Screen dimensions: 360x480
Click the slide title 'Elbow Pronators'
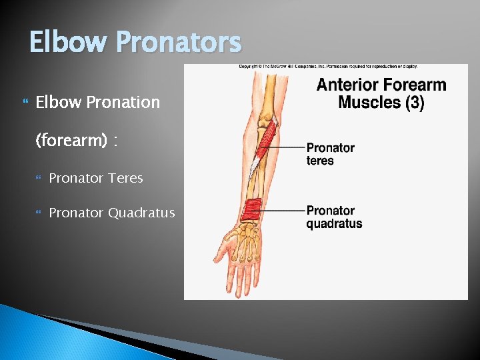[x=135, y=43]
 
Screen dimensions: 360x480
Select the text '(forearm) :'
[x=77, y=140]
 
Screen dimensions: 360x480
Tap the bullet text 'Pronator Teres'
[x=96, y=178]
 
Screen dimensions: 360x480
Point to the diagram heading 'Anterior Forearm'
[x=381, y=85]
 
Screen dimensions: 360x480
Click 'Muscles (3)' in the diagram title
[x=381, y=102]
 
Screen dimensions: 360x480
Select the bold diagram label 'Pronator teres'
[x=330, y=154]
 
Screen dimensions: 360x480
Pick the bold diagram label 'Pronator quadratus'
[x=334, y=217]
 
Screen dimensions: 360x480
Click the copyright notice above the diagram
[x=328, y=67]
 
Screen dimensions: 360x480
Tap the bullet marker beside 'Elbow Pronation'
[x=26, y=103]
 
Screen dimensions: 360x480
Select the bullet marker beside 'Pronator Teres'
[x=39, y=179]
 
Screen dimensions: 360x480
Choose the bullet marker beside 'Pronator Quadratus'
[x=39, y=213]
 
